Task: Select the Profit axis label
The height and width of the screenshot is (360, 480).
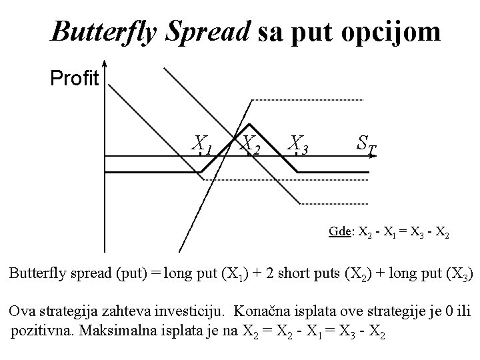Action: tap(75, 79)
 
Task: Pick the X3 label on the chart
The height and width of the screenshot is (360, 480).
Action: tap(298, 143)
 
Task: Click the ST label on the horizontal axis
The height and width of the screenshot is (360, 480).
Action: tap(365, 143)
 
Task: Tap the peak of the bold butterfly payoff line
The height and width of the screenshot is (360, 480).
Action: tap(250, 125)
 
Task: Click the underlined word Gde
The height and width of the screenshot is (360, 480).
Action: tap(340, 232)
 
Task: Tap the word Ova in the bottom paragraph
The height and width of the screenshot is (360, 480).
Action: tap(21, 311)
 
